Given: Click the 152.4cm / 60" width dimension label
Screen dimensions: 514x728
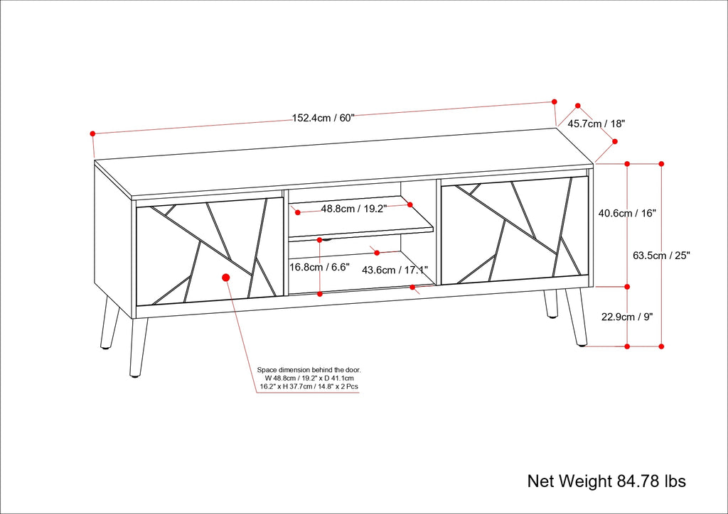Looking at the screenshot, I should pos(323,119).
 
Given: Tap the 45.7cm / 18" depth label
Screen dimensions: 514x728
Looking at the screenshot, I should pos(596,124).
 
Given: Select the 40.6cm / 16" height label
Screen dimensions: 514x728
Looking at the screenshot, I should pos(627,212).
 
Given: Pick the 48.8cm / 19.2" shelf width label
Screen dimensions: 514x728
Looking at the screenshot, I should pos(353,209).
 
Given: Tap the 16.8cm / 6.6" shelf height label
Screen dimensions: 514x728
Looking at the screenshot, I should pos(319,268).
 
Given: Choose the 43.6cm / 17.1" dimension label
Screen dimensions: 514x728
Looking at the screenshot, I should pos(395,270).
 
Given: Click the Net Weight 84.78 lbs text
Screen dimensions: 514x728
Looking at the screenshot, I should pos(606,481).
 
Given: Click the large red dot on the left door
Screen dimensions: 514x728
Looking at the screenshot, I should pos(226,278).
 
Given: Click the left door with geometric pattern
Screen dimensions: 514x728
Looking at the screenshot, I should pos(206,252).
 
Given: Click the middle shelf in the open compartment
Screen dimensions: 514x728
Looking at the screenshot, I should pos(361,233).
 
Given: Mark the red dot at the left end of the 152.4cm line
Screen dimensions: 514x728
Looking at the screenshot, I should pos(92,133).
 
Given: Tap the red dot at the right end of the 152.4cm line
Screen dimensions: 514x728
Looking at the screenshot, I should pos(555,101).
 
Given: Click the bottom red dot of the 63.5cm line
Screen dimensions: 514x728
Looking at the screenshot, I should pos(661,346).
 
